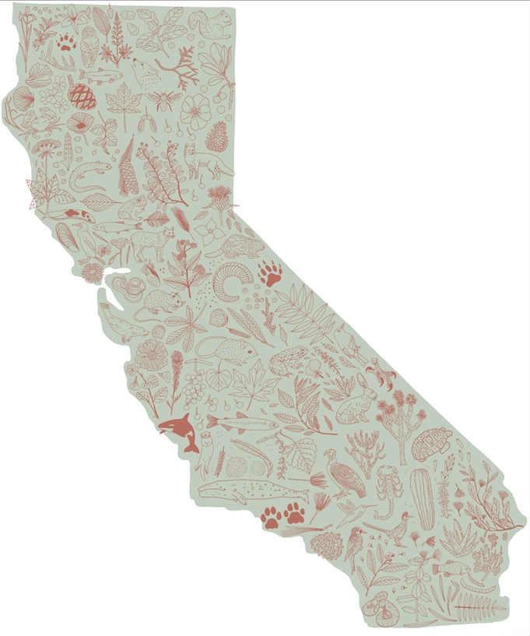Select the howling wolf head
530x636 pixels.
(145, 74)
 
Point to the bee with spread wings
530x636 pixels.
(165, 99)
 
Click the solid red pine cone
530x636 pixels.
(82, 97)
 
